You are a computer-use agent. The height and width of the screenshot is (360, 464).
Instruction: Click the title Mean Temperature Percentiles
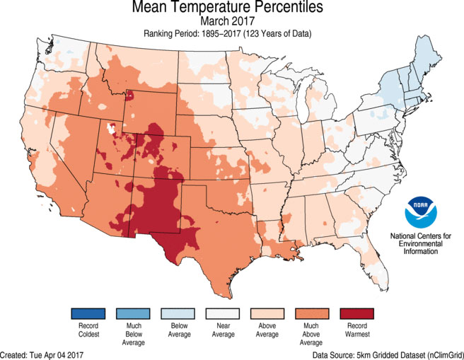click(x=232, y=9)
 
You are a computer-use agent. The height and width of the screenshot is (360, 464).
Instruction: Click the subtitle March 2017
click(x=232, y=22)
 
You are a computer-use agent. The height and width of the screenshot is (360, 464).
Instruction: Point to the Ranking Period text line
click(x=232, y=33)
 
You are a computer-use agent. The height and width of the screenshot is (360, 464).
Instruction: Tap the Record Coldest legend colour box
click(x=88, y=313)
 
